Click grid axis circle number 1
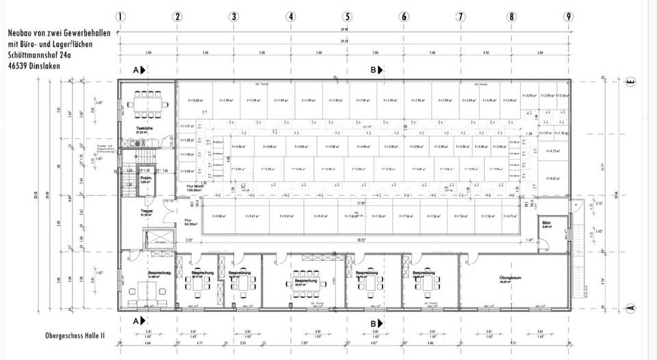click(x=120, y=17)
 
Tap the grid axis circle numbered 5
click(x=348, y=17)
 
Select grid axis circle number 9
click(x=568, y=17)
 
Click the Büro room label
click(x=546, y=224)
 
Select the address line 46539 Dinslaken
click(x=34, y=66)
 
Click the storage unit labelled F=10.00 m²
click(x=193, y=101)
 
